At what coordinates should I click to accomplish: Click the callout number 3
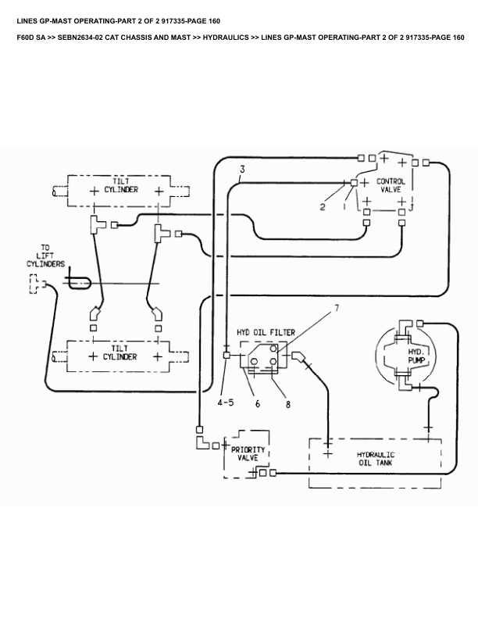242,170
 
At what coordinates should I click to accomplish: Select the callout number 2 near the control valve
322,206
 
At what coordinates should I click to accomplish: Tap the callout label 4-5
226,403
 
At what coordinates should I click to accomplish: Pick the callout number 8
287,404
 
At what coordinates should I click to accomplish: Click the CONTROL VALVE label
391,186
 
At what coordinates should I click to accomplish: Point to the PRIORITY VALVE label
248,455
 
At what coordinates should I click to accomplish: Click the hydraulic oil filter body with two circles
264,360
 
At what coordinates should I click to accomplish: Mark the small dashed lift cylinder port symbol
34,286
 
